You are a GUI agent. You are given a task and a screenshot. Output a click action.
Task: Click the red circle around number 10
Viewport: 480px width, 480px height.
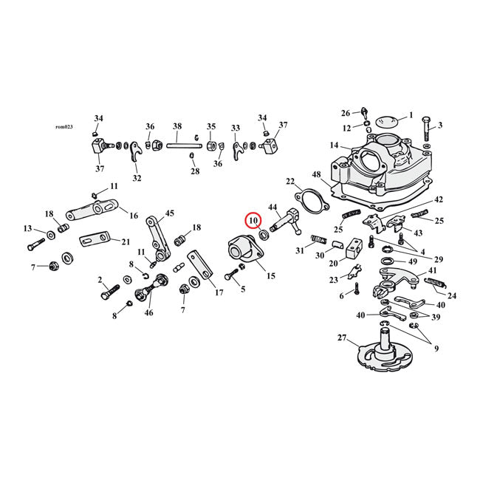pos(253,220)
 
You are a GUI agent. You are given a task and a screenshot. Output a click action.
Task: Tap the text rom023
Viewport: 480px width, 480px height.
pos(65,126)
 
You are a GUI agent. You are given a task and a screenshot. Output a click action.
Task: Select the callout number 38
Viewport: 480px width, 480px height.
pos(177,126)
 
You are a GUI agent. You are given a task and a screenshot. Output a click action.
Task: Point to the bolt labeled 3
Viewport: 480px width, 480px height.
pos(427,134)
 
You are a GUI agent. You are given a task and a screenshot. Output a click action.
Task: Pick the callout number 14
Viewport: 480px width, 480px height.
pos(335,146)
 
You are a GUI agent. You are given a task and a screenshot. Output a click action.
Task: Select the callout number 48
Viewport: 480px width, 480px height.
pos(316,175)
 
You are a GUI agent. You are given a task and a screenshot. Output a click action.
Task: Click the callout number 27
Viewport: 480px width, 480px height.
pos(341,339)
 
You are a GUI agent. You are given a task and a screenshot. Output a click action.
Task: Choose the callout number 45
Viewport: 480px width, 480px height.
pos(169,213)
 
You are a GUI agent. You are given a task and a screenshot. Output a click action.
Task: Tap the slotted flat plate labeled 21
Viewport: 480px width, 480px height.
pos(93,239)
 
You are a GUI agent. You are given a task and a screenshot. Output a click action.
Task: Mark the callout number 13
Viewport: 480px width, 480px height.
pos(27,228)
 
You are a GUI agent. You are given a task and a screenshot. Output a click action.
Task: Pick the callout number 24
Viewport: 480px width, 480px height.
pos(452,296)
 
